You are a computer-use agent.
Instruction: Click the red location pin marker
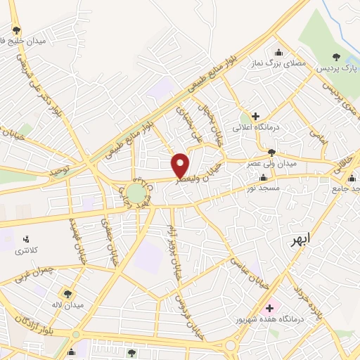(x=181, y=165)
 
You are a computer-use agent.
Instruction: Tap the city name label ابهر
(x=302, y=241)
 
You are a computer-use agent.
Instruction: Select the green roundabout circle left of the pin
(x=136, y=191)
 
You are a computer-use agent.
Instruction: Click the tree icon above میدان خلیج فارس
(x=16, y=30)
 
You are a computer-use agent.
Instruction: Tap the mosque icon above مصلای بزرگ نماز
(x=279, y=51)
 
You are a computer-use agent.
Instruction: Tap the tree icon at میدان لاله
(x=67, y=294)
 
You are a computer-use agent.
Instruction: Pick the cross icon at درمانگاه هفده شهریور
(x=269, y=307)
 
